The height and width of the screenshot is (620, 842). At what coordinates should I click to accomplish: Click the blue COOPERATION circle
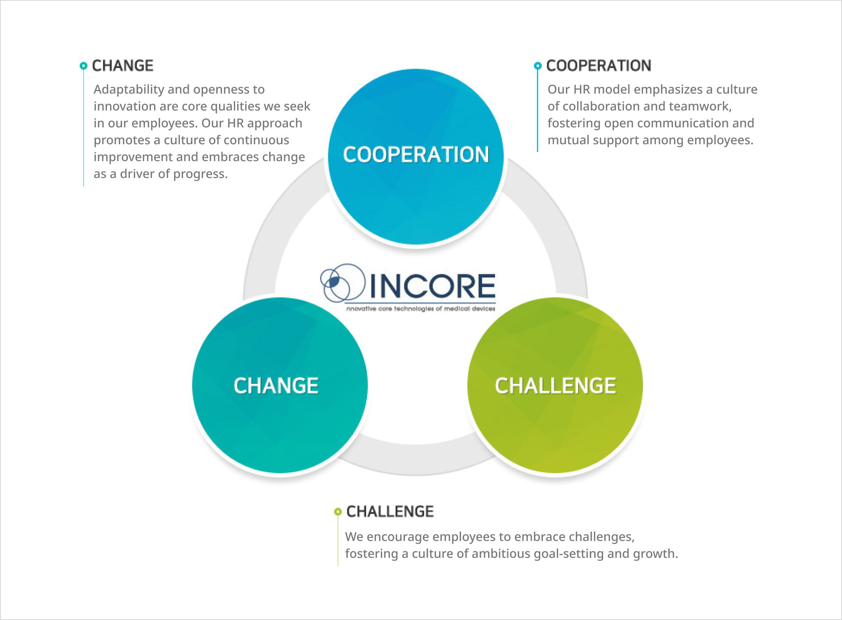pyautogui.click(x=416, y=157)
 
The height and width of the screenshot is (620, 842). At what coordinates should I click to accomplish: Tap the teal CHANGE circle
pyautogui.click(x=280, y=385)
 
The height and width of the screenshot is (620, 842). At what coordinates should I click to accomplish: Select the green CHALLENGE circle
pyautogui.click(x=555, y=385)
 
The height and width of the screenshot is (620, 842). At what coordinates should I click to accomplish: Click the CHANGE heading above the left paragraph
pyautogui.click(x=123, y=66)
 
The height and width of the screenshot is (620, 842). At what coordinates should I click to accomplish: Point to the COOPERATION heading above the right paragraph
pyautogui.click(x=599, y=66)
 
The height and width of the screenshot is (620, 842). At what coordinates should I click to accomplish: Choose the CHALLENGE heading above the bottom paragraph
pyautogui.click(x=390, y=511)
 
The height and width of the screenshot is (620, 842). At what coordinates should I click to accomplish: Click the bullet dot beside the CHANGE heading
pyautogui.click(x=83, y=66)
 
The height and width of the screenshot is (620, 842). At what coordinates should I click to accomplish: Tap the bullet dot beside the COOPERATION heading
pyautogui.click(x=538, y=66)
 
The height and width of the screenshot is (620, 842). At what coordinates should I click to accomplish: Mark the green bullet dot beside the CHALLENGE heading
pyautogui.click(x=338, y=511)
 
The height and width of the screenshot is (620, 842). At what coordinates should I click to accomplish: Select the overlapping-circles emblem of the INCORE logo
pyautogui.click(x=343, y=282)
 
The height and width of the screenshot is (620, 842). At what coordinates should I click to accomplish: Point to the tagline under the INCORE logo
pyautogui.click(x=421, y=308)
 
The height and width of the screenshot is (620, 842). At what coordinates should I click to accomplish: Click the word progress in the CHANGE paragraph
pyautogui.click(x=201, y=174)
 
